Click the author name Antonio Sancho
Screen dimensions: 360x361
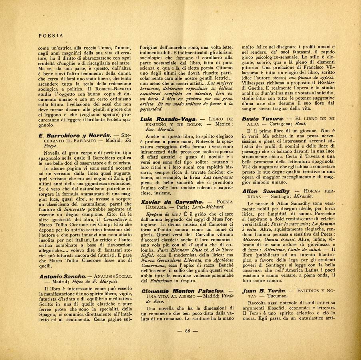point(62,276)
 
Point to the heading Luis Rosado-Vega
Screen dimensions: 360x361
point(168,119)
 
